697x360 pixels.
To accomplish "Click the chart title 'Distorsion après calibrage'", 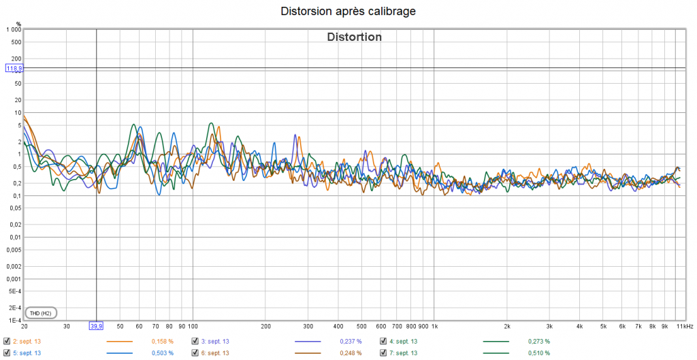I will (348, 12).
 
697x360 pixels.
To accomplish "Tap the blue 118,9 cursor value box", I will (14, 68).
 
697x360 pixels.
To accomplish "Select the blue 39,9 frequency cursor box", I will (96, 326).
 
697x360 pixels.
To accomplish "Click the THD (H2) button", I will (41, 313).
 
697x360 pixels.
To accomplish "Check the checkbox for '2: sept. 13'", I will (7, 341).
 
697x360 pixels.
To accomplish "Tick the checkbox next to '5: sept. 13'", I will (7, 353).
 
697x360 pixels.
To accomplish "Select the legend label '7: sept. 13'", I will (402, 353).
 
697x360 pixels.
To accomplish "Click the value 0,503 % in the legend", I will (162, 353).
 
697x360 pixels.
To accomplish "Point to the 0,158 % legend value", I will (162, 341).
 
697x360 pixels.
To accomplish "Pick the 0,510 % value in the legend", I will (538, 353).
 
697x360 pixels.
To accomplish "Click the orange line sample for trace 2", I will (120, 341).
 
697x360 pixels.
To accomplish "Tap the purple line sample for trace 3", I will (308, 341).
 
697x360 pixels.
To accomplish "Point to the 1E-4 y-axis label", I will (13, 320).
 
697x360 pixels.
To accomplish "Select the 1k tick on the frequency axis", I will (434, 326).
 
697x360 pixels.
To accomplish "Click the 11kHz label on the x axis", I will (685, 326).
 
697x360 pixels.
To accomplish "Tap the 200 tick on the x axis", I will (265, 326).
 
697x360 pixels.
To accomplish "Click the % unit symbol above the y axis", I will (19, 24).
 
